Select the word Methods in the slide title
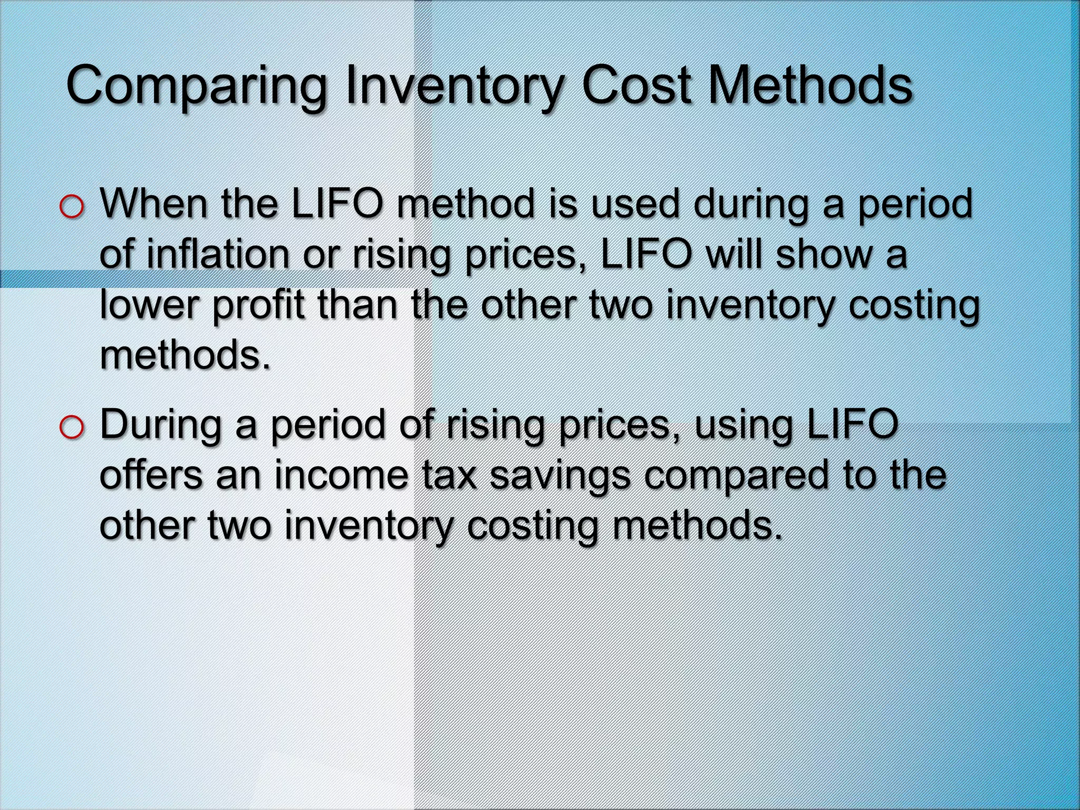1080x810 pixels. point(809,85)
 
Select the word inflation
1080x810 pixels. point(217,254)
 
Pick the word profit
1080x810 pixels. point(258,306)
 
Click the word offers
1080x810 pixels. point(150,475)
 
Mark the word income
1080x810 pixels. point(341,475)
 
